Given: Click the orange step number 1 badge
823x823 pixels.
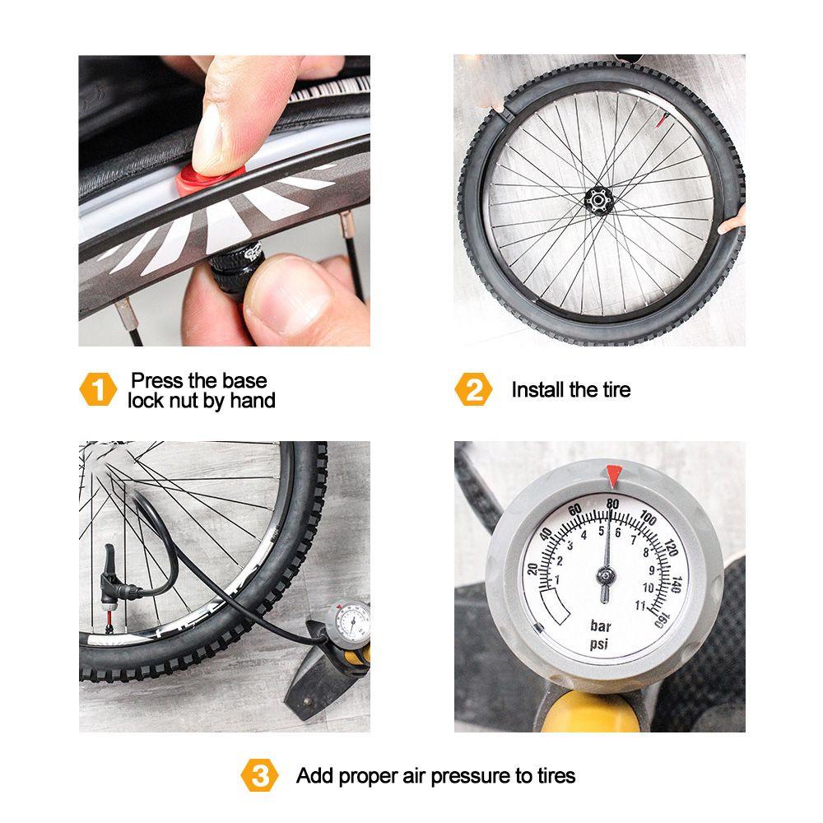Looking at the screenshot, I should pos(98,390).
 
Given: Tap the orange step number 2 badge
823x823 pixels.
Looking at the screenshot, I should pos(473,390).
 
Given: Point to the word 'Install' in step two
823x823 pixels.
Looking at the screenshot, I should pos(539,390).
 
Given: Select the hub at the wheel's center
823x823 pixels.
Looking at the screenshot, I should pos(599,199).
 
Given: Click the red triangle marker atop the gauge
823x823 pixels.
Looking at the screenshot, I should pos(612,475).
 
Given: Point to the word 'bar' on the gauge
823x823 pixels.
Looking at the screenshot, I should pos(601,625).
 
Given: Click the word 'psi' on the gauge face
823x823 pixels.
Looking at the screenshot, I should pos(599,644).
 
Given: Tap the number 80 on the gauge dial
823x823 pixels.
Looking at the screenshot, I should pos(610,504).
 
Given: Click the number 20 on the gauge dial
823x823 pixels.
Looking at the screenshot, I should pos(532,569).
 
